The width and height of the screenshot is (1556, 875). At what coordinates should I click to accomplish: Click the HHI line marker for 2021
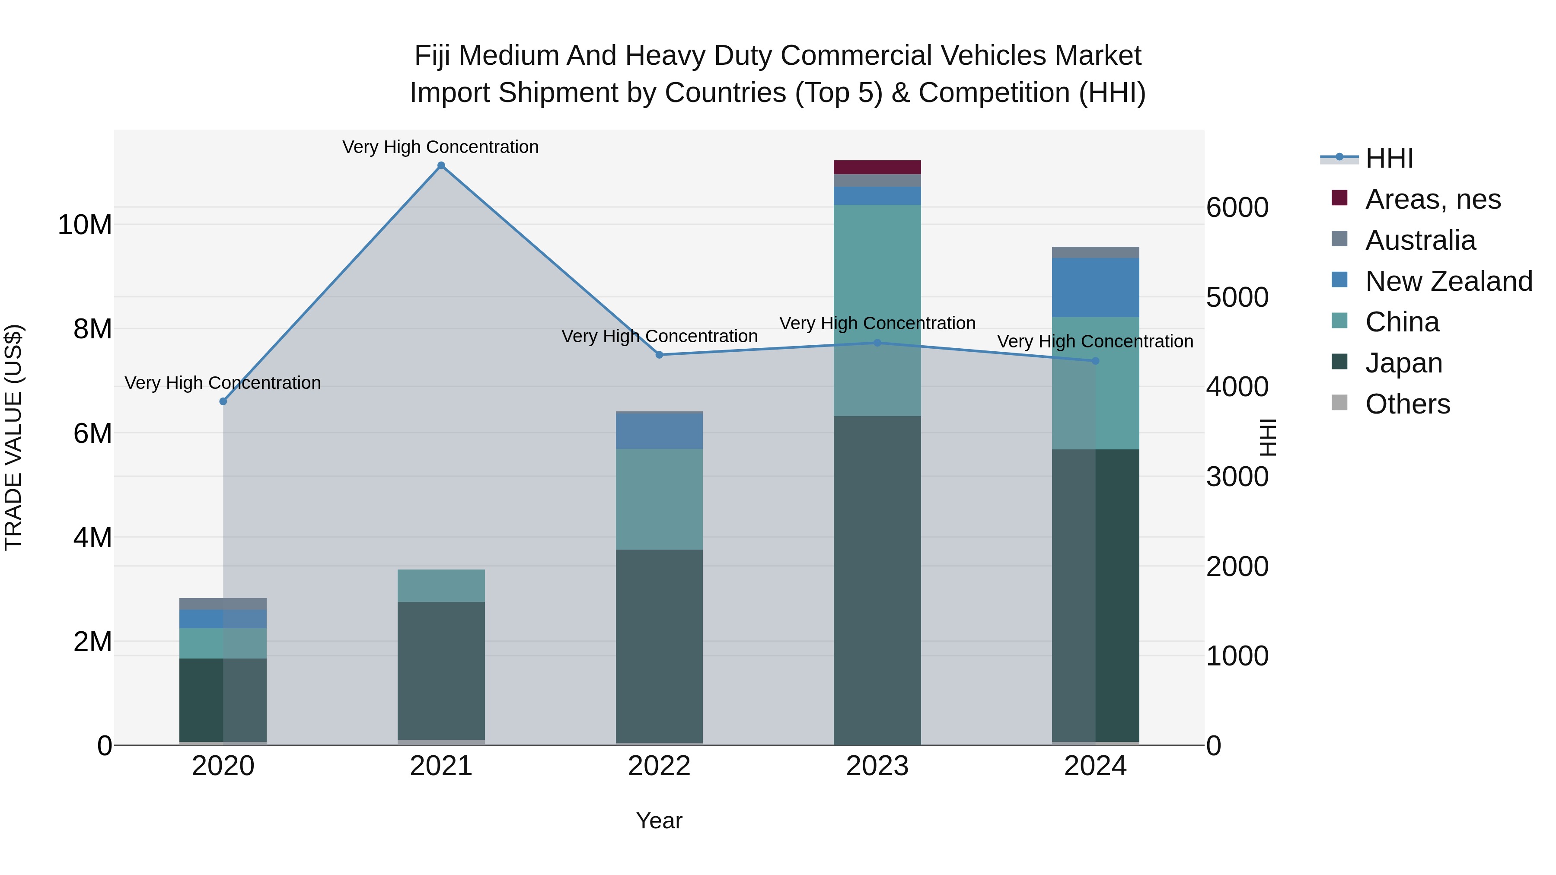click(441, 165)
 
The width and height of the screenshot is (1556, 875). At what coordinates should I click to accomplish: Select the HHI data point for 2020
click(223, 401)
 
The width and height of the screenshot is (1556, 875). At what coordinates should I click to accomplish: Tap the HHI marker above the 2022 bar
click(659, 355)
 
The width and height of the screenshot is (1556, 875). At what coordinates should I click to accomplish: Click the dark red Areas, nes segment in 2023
click(877, 167)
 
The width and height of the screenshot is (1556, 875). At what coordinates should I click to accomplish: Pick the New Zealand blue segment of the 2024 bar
click(1095, 287)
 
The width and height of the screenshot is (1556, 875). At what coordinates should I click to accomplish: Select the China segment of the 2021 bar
click(441, 585)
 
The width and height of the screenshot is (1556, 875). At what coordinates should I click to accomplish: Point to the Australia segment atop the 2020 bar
click(223, 604)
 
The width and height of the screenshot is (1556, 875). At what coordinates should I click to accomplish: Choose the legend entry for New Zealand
click(1448, 281)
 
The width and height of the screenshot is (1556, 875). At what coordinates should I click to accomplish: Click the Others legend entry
click(1407, 404)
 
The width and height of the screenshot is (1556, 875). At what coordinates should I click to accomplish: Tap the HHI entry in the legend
click(1389, 158)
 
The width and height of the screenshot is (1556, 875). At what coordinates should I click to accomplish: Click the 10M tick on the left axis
click(85, 225)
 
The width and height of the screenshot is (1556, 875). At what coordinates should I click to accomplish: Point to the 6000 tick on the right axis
click(1237, 208)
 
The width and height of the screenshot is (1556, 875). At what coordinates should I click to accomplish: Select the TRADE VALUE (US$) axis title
click(13, 437)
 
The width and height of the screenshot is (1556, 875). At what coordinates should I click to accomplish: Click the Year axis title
click(659, 821)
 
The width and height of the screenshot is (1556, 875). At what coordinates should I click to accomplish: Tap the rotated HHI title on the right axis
click(1267, 437)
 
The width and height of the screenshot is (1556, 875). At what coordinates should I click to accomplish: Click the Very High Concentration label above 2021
click(440, 147)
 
